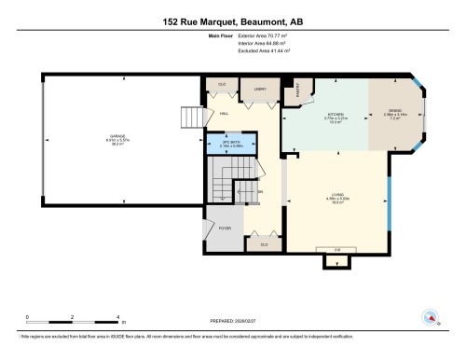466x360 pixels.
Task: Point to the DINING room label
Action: click(394, 112)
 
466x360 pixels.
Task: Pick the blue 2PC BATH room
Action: click(229, 145)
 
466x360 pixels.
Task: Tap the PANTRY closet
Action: click(299, 90)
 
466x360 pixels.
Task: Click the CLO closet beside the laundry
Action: click(221, 83)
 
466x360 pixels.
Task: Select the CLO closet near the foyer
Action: click(265, 244)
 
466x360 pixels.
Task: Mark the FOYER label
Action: click(225, 228)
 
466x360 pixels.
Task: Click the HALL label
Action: click(225, 115)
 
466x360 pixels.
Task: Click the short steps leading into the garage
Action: click(191, 118)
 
